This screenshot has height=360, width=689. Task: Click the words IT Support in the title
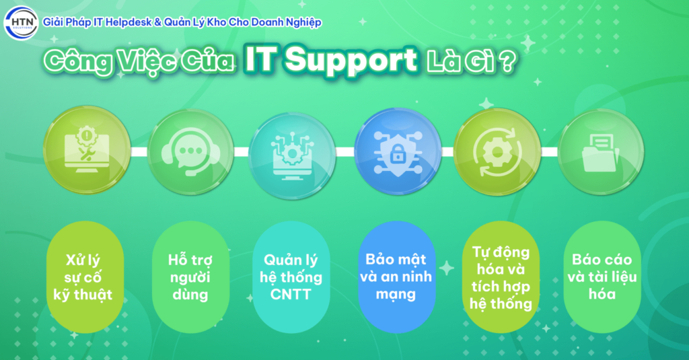[330, 61]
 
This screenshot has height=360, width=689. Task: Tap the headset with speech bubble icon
[190, 152]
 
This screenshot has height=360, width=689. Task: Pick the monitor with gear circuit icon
[292, 152]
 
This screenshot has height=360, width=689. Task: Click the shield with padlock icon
[397, 151]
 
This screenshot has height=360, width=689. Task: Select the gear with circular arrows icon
[497, 151]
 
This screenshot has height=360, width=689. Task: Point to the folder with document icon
[601, 151]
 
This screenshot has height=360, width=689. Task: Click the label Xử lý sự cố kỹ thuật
[85, 277]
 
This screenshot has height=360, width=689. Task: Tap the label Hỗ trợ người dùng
[189, 277]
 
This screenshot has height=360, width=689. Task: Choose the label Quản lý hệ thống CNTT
[292, 277]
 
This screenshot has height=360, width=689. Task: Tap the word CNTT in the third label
[292, 294]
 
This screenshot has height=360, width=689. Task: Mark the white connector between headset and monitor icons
[240, 151]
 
